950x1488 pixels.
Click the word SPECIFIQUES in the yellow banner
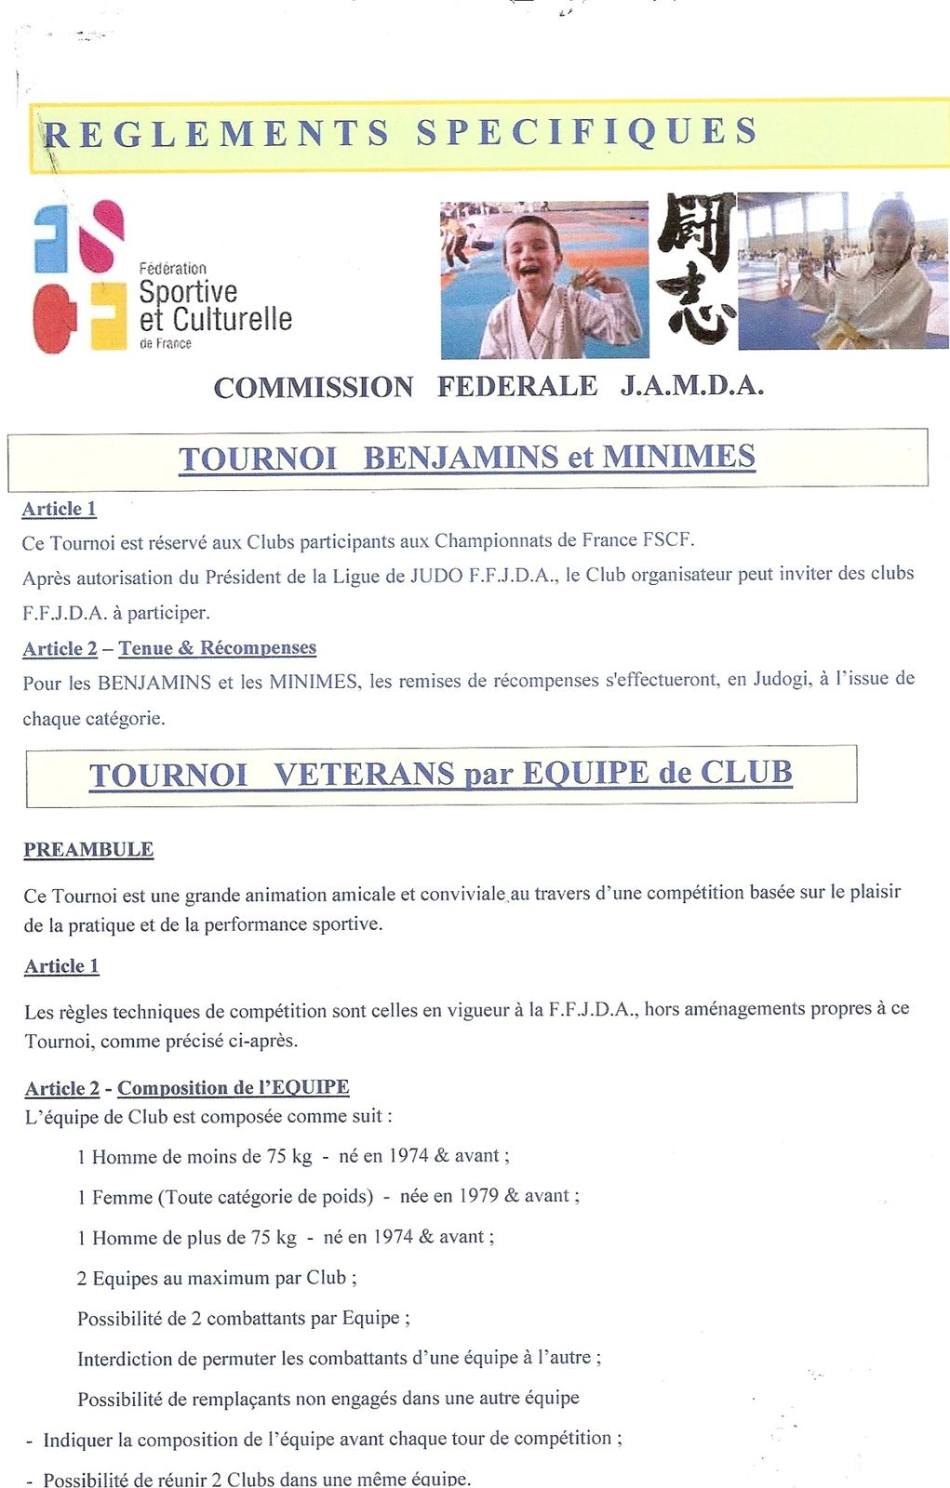point(587,132)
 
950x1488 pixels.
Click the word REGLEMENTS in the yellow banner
point(217,134)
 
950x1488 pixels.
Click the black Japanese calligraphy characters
point(696,270)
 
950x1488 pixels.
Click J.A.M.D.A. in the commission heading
point(692,386)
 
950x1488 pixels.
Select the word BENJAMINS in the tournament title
point(460,458)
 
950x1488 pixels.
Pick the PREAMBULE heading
point(88,849)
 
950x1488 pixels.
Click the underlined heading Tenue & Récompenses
point(217,648)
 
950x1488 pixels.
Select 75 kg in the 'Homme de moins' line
point(288,1156)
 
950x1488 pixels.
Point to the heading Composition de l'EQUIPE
point(233,1087)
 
